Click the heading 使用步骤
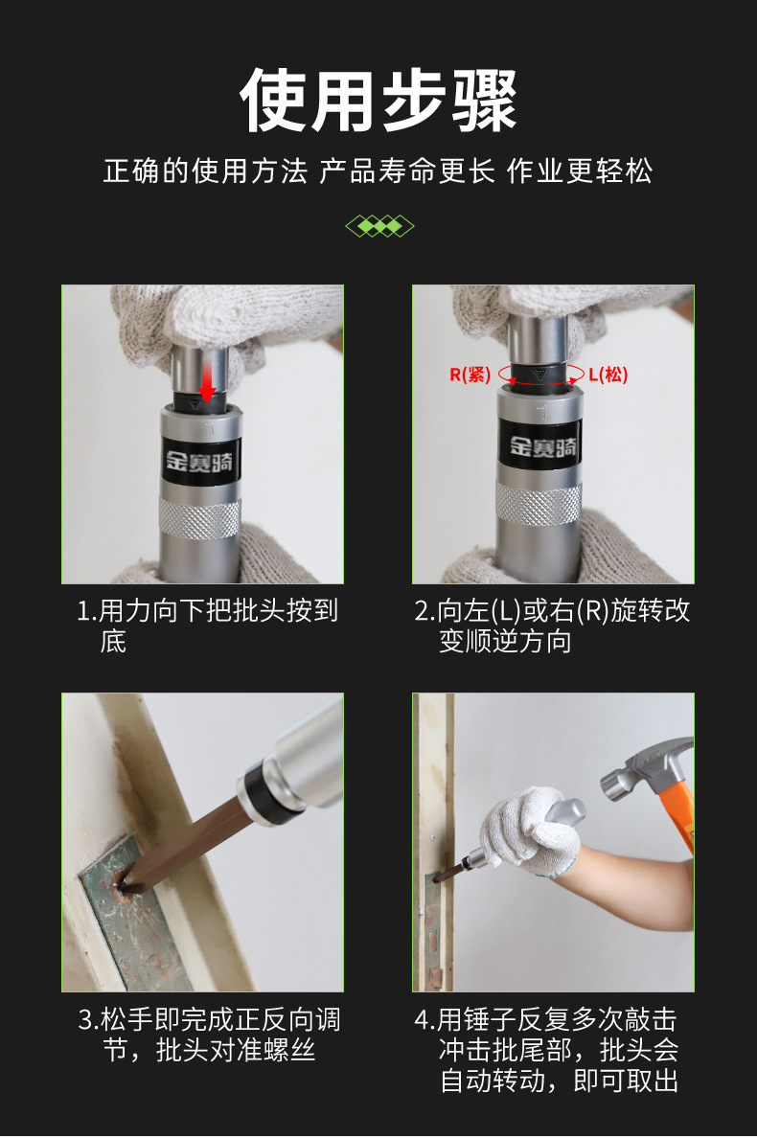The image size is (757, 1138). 378,101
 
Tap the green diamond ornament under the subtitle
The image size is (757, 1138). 379,226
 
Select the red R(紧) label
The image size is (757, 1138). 470,375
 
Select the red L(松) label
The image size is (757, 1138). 608,375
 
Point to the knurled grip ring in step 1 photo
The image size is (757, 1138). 200,518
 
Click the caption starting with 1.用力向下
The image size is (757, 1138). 208,626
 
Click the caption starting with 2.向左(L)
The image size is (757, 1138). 552,626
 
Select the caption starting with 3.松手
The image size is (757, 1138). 209,1035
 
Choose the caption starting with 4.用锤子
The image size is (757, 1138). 546,1050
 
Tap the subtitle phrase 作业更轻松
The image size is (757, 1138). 579,171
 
